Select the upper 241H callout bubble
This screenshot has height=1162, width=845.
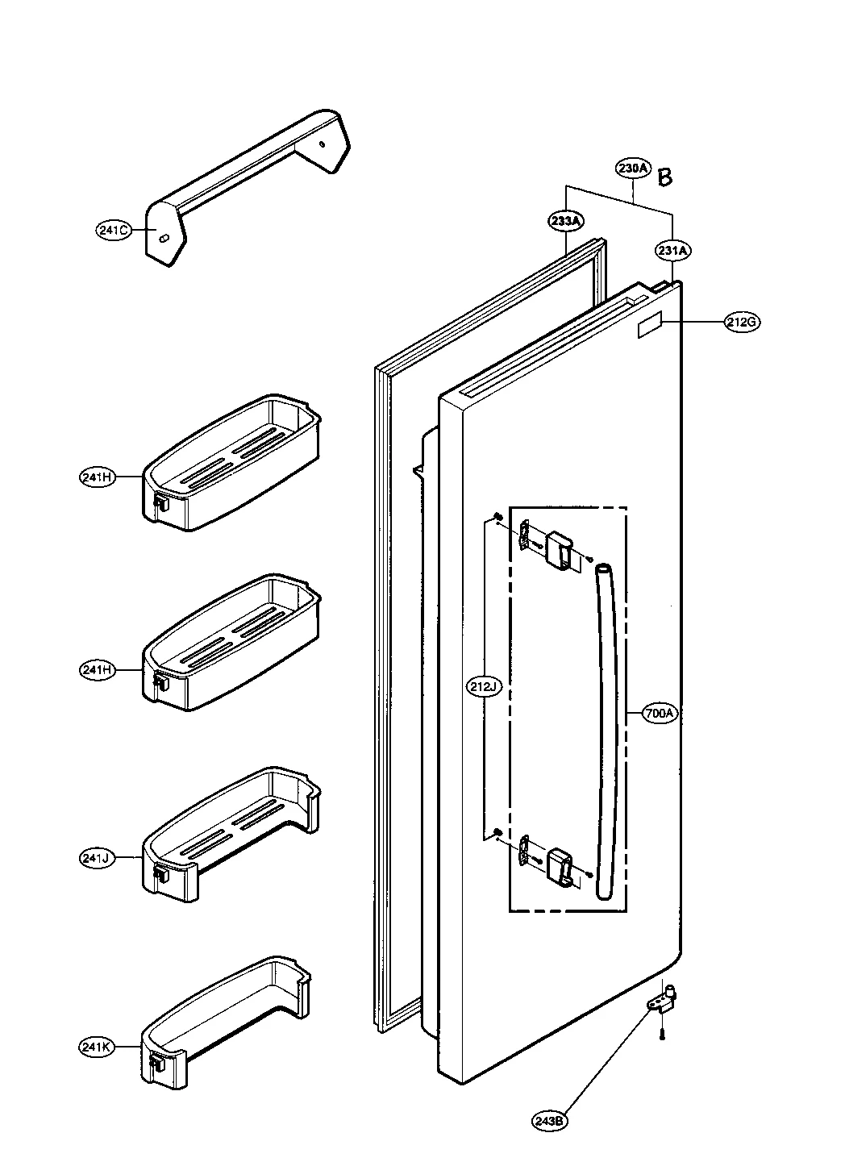97,477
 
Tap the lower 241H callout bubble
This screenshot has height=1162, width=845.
97,669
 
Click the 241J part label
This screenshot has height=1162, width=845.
97,858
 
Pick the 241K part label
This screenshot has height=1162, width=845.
97,1047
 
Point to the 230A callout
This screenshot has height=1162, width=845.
633,169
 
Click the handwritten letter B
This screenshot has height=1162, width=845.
664,177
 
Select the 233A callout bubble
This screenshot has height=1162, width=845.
567,219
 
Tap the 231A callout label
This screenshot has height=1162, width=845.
672,251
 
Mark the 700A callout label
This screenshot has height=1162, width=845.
660,713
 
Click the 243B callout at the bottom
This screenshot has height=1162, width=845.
549,1120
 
